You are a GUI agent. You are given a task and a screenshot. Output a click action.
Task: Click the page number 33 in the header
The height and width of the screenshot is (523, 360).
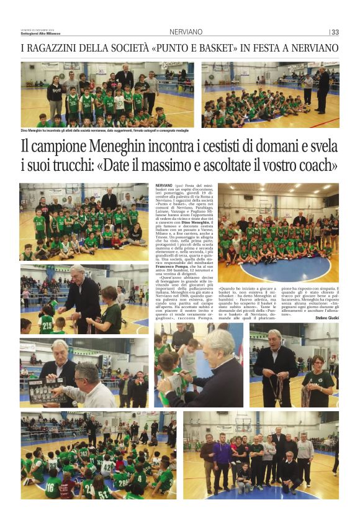[335, 32]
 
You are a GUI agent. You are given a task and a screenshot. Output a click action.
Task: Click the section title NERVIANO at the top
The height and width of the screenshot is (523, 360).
[186, 32]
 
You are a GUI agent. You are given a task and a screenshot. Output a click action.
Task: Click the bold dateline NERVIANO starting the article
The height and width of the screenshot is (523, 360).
[164, 186]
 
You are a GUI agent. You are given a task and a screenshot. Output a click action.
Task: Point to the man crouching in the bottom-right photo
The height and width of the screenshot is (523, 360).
[289, 472]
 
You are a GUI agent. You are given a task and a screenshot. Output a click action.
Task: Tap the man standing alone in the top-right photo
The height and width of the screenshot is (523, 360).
[322, 87]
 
